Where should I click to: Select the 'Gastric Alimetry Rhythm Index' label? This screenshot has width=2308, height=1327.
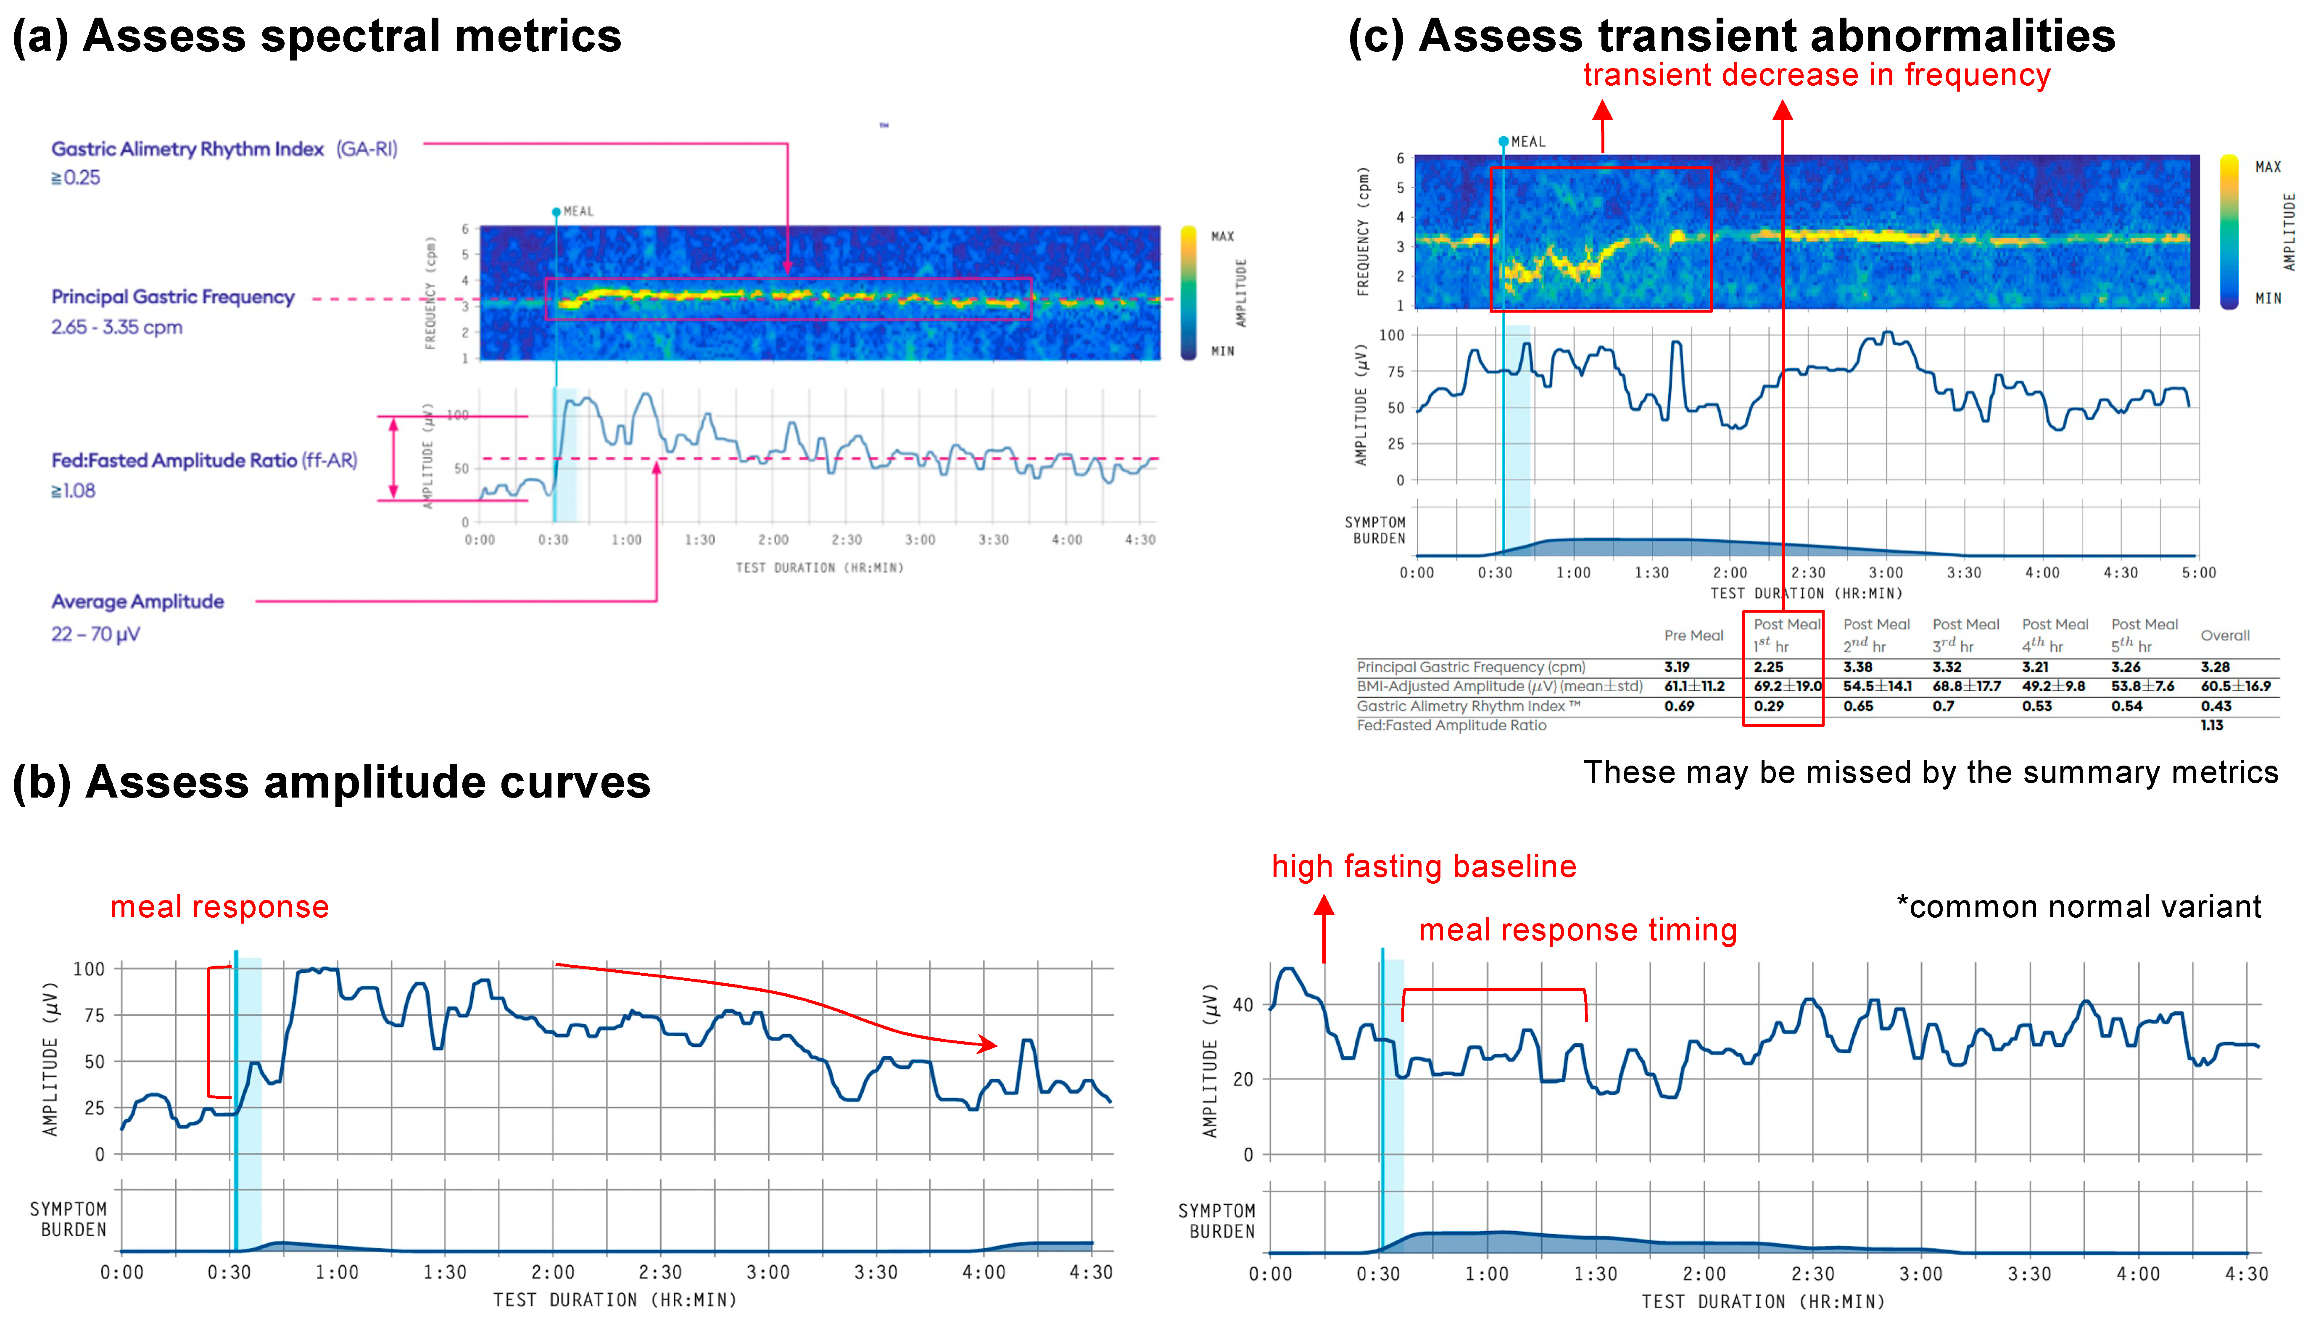point(187,149)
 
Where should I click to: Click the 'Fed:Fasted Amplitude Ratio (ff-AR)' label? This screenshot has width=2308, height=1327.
point(203,460)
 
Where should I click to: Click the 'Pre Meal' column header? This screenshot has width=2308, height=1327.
point(1693,635)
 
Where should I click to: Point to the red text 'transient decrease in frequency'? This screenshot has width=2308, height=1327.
point(1816,75)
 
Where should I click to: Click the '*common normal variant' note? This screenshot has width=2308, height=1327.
point(2079,907)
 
